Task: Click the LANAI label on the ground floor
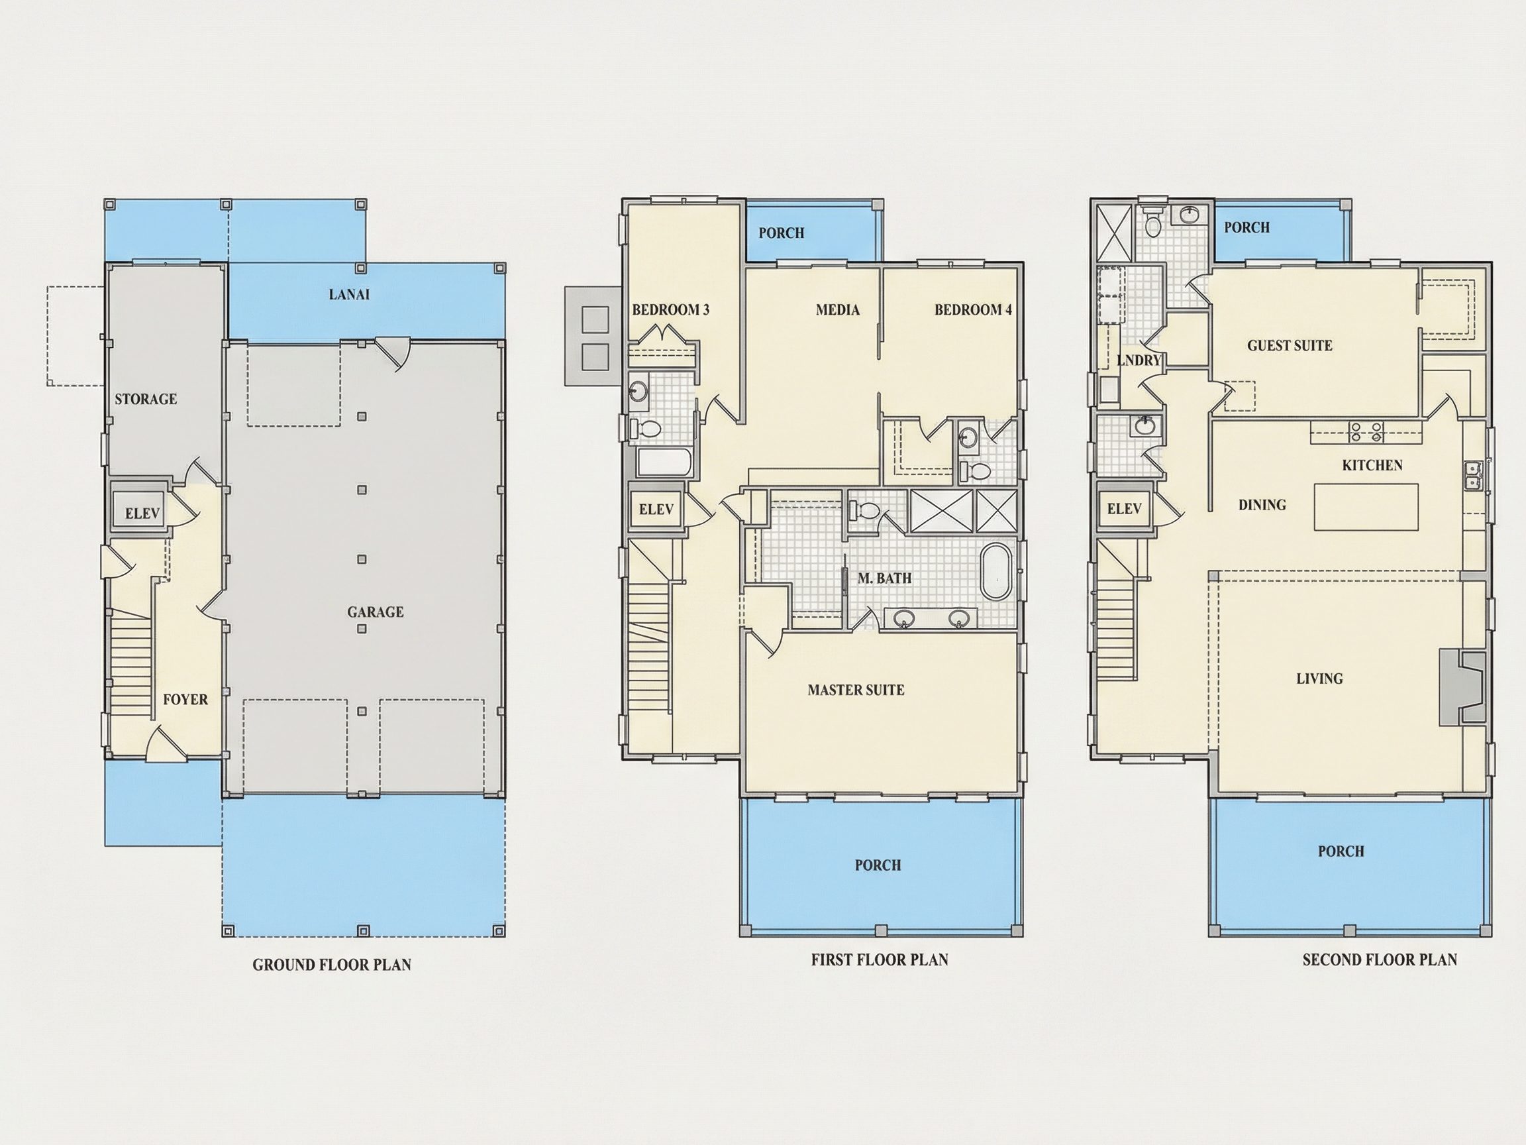click(x=349, y=295)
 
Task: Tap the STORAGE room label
click(x=146, y=399)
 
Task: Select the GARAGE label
click(x=376, y=612)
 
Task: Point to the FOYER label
click(x=185, y=699)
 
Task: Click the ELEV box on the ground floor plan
click(x=142, y=512)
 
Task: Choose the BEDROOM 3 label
click(x=670, y=310)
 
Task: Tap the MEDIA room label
click(x=837, y=310)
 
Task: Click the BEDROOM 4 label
click(x=974, y=310)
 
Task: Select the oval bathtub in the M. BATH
click(x=996, y=572)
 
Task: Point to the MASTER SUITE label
click(x=856, y=690)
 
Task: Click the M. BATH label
click(x=884, y=578)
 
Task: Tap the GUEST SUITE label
click(x=1290, y=346)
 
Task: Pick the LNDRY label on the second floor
click(x=1139, y=360)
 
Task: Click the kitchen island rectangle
click(x=1366, y=507)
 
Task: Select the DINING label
click(x=1262, y=505)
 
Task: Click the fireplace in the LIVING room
click(x=1461, y=686)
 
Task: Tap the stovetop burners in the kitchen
click(x=1366, y=432)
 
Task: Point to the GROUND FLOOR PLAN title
click(x=332, y=965)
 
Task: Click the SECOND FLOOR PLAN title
click(x=1380, y=959)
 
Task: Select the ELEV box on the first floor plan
click(x=656, y=510)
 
